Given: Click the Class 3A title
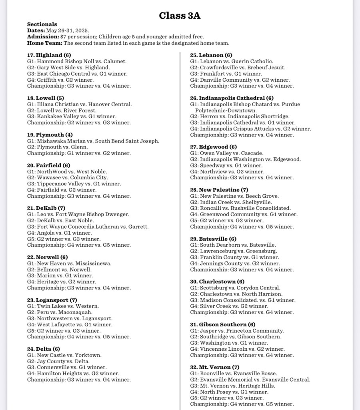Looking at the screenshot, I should [180, 16].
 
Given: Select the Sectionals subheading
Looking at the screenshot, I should [42, 24].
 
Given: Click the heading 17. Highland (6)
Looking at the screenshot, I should [49, 55].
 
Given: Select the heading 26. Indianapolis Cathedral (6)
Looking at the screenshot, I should [232, 98].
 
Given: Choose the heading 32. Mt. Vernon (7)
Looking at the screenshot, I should [215, 367].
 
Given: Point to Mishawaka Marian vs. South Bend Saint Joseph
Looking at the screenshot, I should [93, 141].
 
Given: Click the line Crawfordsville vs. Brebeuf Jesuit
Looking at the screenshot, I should [238, 68].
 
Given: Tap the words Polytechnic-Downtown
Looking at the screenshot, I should [226, 110].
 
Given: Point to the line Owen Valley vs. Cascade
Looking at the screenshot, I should [226, 153].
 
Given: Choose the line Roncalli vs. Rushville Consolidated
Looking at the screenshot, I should [240, 208].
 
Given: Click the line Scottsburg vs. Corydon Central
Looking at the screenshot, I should [235, 288].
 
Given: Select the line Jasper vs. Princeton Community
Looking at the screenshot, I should [237, 331].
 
